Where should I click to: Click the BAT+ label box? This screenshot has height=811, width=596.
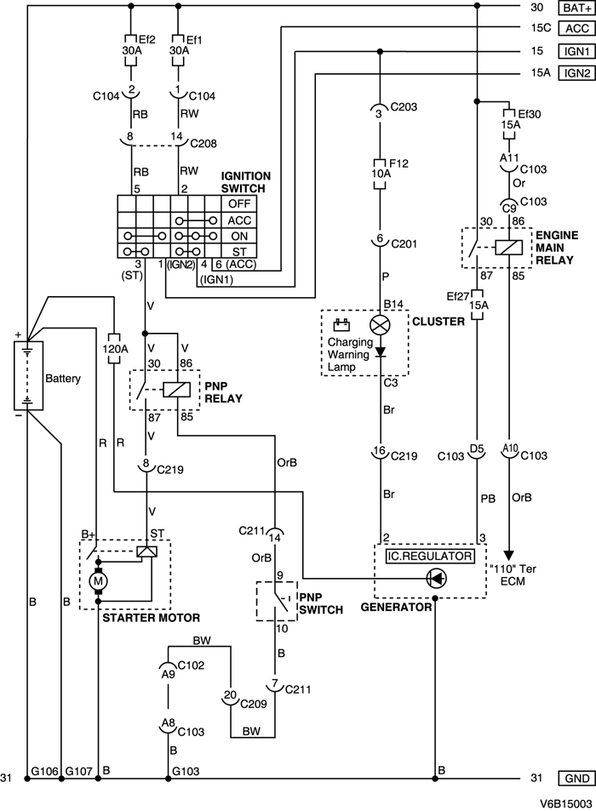point(574,9)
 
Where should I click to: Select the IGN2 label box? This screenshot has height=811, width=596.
point(574,72)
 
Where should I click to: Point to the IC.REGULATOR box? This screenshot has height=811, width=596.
point(429,555)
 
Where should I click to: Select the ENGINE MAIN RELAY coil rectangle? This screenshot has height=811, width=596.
point(509,248)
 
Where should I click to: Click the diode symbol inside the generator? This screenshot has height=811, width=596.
point(435,579)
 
